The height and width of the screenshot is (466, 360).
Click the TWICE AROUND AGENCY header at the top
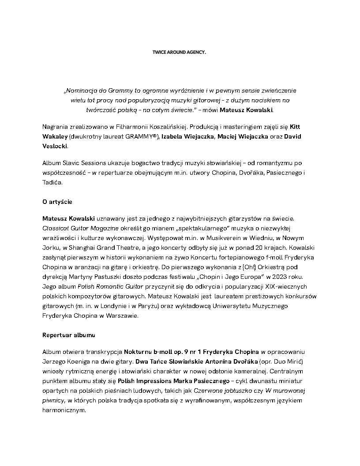pos(179,52)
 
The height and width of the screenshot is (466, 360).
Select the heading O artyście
pos(57,202)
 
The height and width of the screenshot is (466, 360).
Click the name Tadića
pos(52,182)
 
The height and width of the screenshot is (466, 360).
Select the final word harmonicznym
pos(64,410)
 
